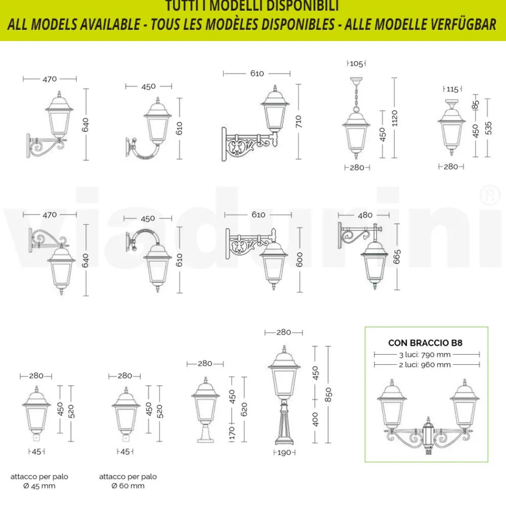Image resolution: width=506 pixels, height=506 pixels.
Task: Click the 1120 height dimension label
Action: (x=395, y=118)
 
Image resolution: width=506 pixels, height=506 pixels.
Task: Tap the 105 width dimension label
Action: (x=356, y=64)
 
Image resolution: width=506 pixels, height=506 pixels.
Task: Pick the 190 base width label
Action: (x=284, y=452)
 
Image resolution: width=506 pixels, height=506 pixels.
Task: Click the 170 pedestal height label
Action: (x=232, y=434)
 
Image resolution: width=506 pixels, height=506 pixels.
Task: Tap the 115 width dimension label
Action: (x=452, y=90)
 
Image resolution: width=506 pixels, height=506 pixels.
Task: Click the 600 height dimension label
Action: (x=300, y=260)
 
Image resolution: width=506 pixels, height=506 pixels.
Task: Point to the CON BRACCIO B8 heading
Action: (x=426, y=343)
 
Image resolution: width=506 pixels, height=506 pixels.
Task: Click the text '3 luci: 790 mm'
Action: (x=425, y=355)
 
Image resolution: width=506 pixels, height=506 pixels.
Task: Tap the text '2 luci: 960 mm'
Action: (x=425, y=364)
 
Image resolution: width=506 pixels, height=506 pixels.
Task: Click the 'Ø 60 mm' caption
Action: (x=128, y=486)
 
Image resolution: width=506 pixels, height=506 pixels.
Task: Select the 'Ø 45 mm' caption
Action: (x=39, y=486)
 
